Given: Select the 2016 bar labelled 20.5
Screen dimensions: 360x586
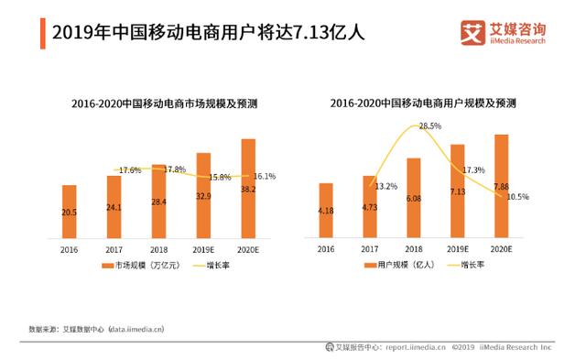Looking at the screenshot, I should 70,212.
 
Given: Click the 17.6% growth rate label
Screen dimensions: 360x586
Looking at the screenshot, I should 130,170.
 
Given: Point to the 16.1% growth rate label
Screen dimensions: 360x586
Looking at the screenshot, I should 265,176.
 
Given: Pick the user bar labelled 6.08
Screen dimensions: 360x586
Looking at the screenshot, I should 414,198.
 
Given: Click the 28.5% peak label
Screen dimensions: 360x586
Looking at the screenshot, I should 430,125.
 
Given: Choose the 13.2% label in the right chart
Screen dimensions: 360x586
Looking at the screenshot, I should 386,186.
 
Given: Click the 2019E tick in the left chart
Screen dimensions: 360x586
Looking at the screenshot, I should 203,249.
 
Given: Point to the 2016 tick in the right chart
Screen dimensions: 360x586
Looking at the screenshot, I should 326,249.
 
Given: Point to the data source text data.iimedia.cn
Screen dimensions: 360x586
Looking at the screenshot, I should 136,328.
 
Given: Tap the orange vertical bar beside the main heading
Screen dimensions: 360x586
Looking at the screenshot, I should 42,32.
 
